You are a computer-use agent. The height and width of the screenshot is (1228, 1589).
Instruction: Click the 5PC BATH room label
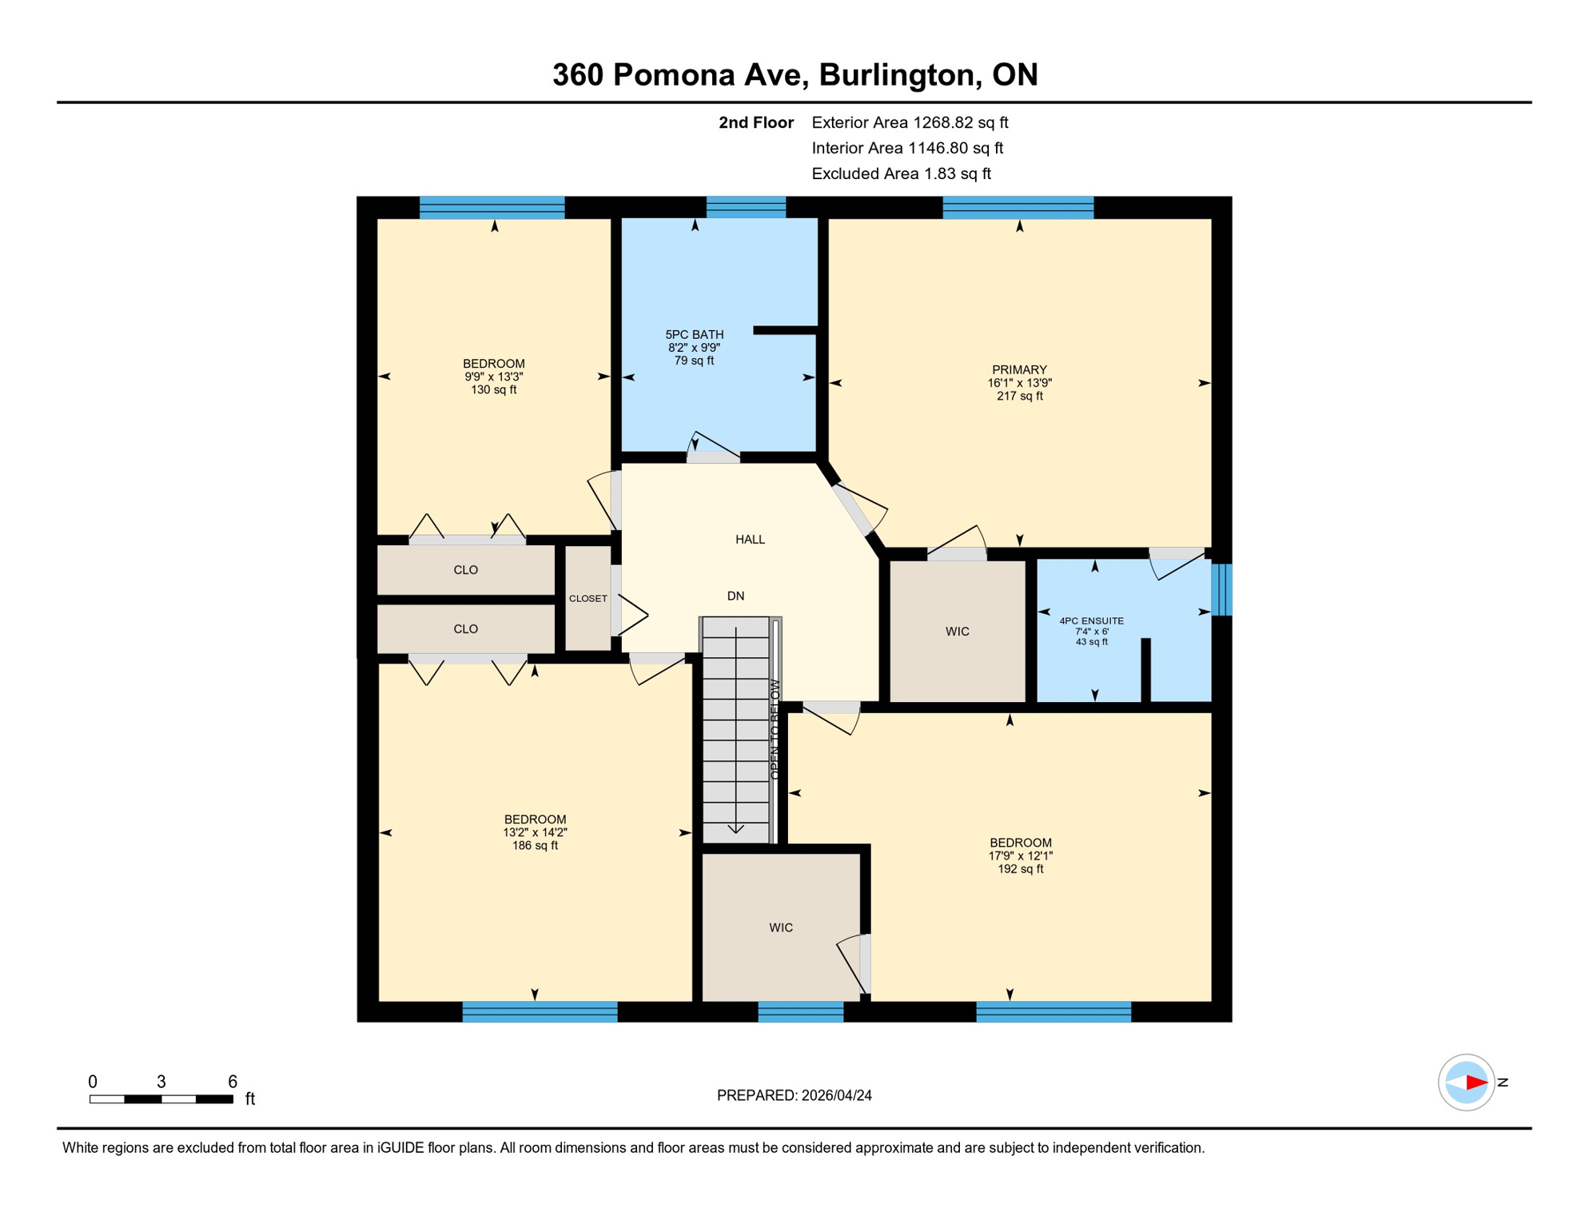pos(694,334)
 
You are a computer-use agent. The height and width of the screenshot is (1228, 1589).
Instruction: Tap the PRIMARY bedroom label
pos(1019,369)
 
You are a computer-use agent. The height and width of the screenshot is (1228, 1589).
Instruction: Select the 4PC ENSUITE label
pos(1091,620)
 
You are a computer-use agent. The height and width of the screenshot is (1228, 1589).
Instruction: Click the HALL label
pos(750,540)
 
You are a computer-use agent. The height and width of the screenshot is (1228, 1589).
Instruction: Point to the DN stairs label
pos(735,596)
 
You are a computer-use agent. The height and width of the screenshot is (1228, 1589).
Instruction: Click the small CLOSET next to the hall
pos(587,598)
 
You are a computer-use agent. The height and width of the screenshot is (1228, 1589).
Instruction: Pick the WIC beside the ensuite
pos(957,632)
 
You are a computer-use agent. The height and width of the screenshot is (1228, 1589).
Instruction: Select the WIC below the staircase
pos(780,927)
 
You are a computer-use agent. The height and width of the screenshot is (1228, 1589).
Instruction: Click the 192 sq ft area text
pos(1020,869)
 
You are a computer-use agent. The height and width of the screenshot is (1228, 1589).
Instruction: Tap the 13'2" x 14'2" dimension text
pos(535,832)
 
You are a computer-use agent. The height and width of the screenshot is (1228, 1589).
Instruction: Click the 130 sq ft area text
pos(493,390)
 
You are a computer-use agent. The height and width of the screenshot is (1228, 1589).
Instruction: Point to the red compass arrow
pos(1475,1082)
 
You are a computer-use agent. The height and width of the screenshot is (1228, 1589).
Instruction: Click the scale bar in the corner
pos(161,1099)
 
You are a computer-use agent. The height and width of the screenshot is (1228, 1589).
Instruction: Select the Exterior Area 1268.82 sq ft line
pos(909,122)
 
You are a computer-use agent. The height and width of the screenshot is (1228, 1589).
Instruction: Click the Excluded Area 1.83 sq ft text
pos(900,173)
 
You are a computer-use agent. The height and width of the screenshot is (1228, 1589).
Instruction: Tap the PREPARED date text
pos(794,1095)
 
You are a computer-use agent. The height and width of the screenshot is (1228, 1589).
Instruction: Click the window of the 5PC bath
pos(746,207)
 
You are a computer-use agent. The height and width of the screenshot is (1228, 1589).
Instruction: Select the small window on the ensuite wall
pos(1221,590)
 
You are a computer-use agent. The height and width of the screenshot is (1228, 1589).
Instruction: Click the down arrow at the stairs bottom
pos(735,829)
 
